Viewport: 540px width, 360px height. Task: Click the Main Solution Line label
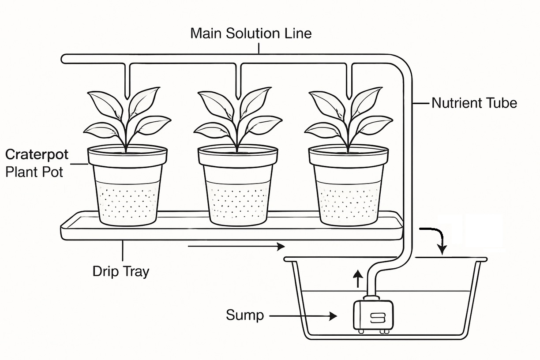[x=251, y=34]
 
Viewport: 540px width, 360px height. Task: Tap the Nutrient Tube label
[x=474, y=103]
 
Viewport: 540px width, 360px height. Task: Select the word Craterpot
[x=37, y=154]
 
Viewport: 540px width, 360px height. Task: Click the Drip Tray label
[x=120, y=271]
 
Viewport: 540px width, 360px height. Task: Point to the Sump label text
[x=245, y=315]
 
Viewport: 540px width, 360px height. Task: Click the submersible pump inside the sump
[x=373, y=314]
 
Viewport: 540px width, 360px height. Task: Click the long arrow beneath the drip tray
[x=236, y=246]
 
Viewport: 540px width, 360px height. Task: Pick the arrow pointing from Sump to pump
[x=303, y=316]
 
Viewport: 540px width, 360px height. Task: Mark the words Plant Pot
[x=34, y=171]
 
